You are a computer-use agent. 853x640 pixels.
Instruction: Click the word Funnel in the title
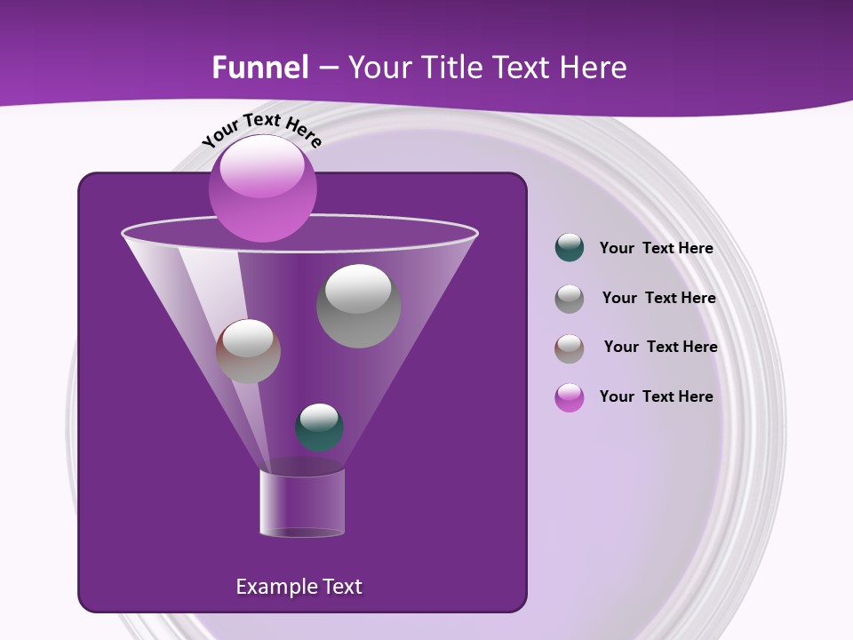click(x=260, y=68)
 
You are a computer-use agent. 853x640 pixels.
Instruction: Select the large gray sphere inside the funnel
click(x=358, y=306)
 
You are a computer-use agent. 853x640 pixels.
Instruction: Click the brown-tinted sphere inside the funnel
click(x=248, y=351)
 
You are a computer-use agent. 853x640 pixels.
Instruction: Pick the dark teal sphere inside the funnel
click(x=319, y=428)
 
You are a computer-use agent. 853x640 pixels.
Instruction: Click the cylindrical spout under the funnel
click(x=302, y=504)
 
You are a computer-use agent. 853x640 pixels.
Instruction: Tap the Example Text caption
click(x=299, y=587)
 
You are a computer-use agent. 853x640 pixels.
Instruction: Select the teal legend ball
click(x=570, y=248)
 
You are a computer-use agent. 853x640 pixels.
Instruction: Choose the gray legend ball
click(x=570, y=299)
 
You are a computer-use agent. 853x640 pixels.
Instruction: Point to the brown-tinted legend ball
click(x=570, y=348)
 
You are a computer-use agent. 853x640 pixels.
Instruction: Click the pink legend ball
click(x=570, y=397)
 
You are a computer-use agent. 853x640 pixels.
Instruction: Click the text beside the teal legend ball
click(x=656, y=249)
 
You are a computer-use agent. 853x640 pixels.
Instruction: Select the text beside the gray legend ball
click(x=658, y=299)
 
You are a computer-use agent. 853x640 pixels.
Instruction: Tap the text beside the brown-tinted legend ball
click(x=660, y=348)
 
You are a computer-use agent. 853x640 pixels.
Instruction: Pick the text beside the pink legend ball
click(x=656, y=396)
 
